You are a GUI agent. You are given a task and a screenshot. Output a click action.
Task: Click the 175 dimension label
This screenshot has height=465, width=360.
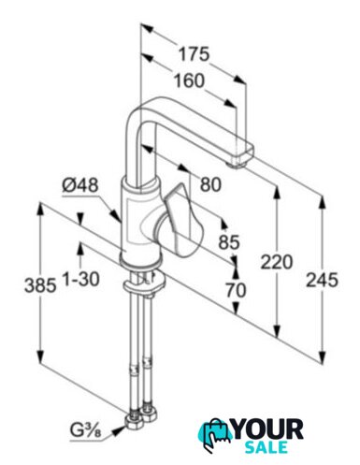pyautogui.click(x=194, y=54)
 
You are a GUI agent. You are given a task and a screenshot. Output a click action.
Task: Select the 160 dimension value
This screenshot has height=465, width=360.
pyautogui.click(x=189, y=80)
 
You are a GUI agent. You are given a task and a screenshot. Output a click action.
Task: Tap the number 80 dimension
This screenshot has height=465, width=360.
pyautogui.click(x=210, y=184)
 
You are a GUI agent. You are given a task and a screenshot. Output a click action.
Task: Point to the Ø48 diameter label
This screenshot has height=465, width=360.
pyautogui.click(x=80, y=185)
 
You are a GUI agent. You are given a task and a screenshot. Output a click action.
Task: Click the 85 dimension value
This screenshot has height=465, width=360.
pyautogui.click(x=229, y=241)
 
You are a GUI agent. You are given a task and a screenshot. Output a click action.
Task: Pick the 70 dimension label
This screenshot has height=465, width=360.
pyautogui.click(x=236, y=290)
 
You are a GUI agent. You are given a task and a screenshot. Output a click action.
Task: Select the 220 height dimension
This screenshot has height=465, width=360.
pyautogui.click(x=277, y=262)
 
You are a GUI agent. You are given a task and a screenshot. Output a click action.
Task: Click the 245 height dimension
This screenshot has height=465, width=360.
pyautogui.click(x=322, y=280)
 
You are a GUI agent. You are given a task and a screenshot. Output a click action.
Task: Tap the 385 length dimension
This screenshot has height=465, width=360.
pyautogui.click(x=40, y=285)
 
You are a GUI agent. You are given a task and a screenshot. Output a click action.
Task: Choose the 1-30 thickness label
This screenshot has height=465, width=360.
pyautogui.click(x=81, y=279)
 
